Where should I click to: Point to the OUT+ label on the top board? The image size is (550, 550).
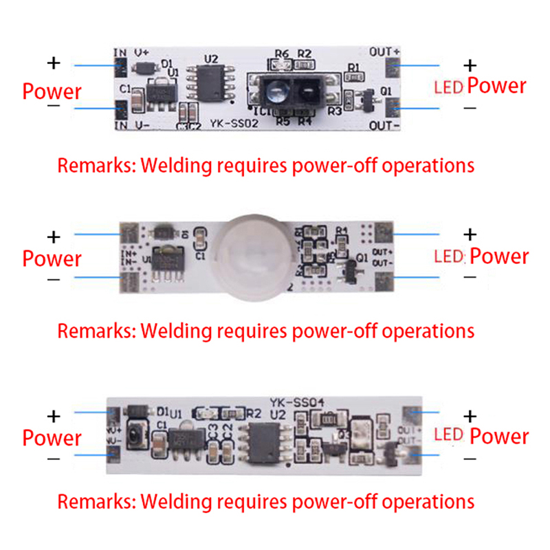click(385, 52)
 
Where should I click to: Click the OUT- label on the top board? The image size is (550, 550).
click(385, 126)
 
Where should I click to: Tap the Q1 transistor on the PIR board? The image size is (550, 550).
click(348, 274)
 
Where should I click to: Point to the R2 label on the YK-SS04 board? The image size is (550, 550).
click(253, 415)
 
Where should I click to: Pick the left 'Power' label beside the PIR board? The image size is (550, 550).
click(52, 259)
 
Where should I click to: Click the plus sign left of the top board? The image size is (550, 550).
click(54, 63)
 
